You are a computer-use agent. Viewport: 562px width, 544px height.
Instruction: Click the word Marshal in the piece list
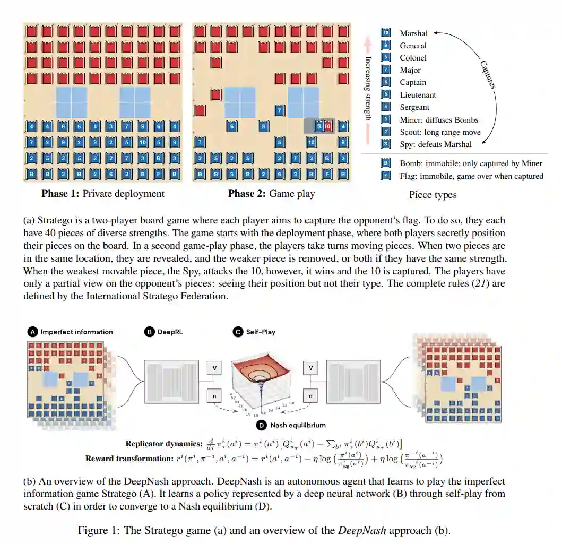coord(413,33)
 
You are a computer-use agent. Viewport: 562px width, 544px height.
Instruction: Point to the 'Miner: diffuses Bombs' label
coord(439,119)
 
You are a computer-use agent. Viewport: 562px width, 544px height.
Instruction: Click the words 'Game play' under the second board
coord(291,194)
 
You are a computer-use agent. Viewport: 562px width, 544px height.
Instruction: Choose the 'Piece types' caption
coord(433,195)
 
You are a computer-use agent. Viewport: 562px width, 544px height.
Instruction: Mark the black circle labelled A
coord(32,332)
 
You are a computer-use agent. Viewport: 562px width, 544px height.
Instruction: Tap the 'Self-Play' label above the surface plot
coord(261,332)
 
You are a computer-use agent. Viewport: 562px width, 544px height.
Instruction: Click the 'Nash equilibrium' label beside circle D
coord(298,425)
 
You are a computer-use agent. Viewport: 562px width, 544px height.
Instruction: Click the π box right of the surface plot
coord(310,395)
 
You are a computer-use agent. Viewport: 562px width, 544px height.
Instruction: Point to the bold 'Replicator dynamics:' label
coord(161,444)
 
